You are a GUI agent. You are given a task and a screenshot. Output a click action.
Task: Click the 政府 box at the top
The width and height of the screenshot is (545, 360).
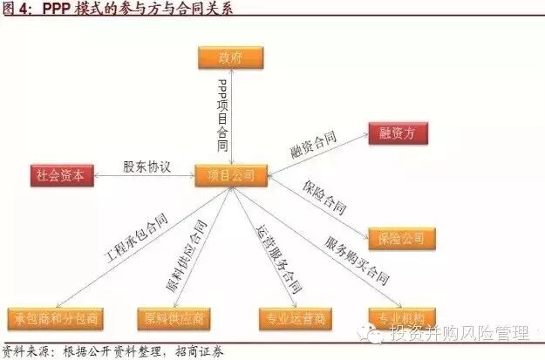(x=231, y=57)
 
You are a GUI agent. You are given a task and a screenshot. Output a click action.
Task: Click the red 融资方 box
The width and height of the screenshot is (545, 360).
(x=402, y=133)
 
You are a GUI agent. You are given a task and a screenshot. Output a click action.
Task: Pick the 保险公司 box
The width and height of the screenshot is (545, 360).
(x=401, y=237)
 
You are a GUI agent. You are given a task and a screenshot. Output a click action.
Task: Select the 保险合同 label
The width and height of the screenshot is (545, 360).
(x=324, y=199)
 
